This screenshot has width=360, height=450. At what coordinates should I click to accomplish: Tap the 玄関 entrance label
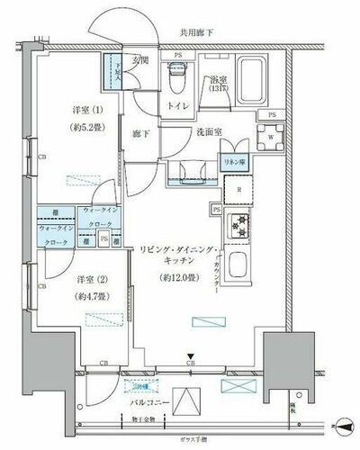point(141,61)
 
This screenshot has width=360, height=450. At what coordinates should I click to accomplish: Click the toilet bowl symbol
point(177,84)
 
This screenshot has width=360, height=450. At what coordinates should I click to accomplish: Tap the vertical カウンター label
point(220,276)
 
